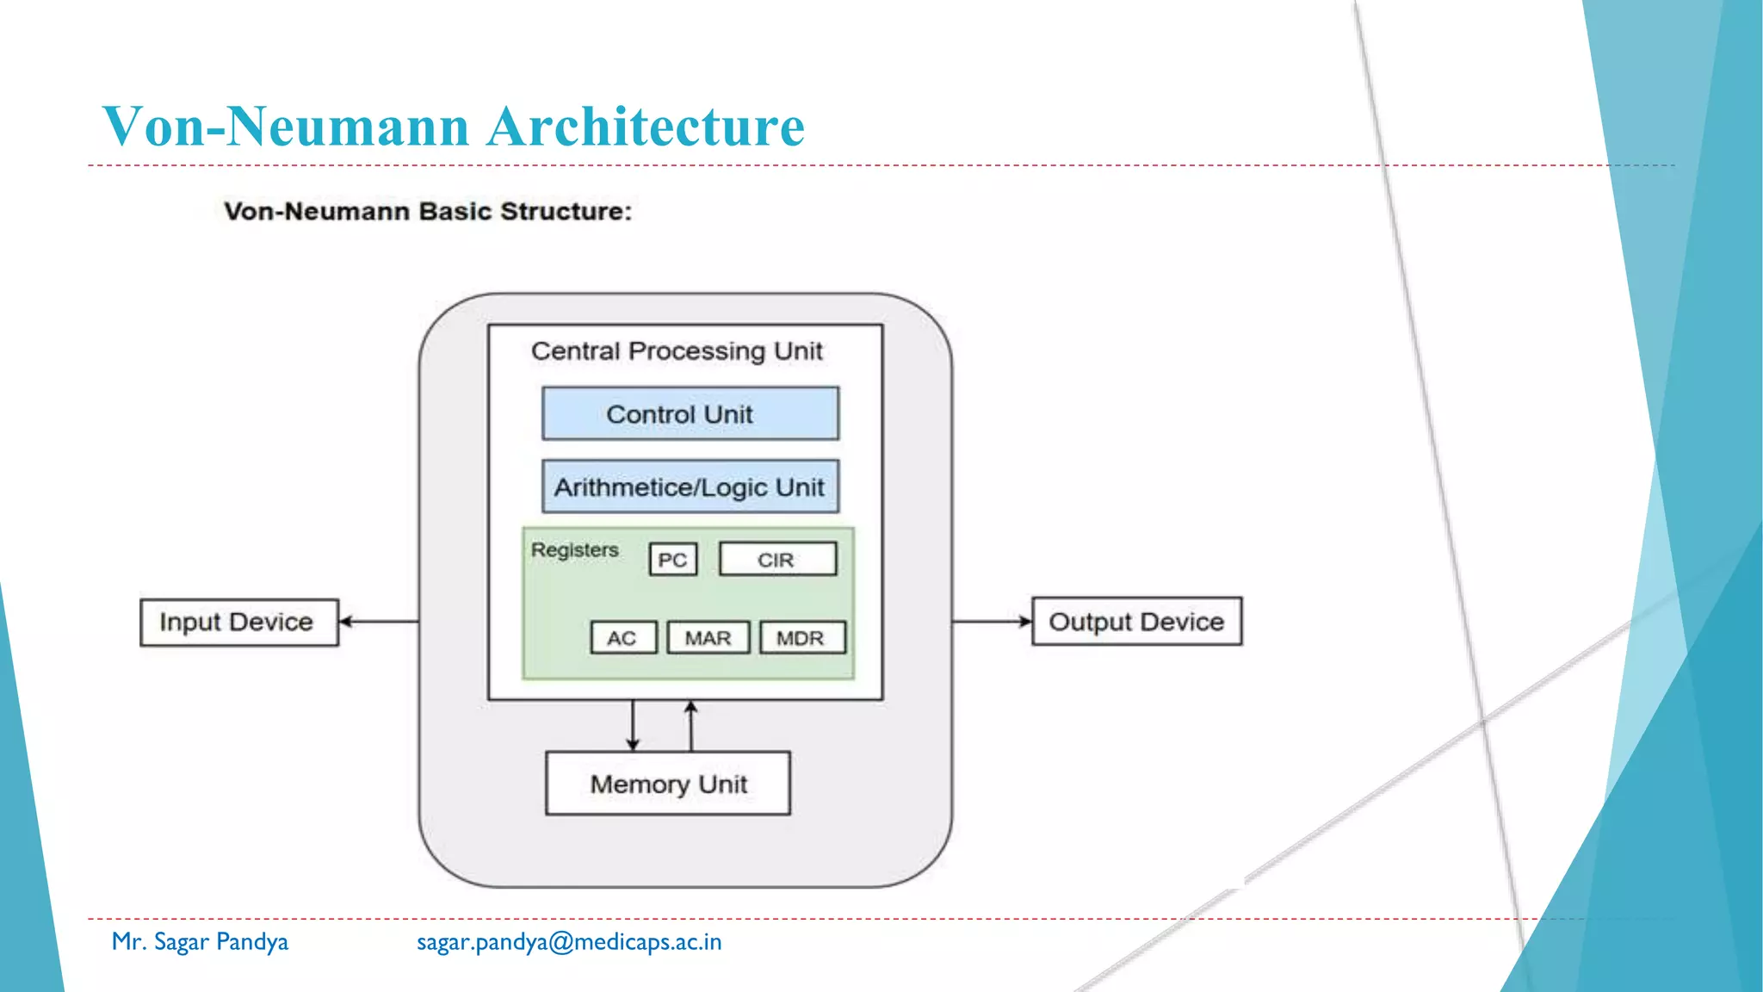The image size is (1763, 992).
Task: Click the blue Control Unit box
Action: click(690, 413)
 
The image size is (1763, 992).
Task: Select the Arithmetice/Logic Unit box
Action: click(690, 487)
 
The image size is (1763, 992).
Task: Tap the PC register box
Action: click(672, 560)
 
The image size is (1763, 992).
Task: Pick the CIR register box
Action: click(776, 560)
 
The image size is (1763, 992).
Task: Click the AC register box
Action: click(622, 638)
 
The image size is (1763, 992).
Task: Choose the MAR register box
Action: click(708, 638)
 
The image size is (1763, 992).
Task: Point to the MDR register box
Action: click(801, 638)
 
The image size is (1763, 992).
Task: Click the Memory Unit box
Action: click(668, 784)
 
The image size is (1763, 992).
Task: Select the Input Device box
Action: click(238, 622)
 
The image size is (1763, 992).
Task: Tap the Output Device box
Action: click(1136, 621)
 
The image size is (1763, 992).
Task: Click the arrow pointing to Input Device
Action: click(379, 621)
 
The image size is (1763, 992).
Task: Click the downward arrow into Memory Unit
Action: click(633, 725)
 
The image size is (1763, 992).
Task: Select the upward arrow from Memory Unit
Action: click(690, 725)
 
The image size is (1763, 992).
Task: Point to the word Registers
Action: click(574, 549)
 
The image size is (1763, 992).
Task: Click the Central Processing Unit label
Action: click(677, 351)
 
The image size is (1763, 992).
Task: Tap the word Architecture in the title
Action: click(646, 127)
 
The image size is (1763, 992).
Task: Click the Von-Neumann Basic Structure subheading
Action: click(428, 211)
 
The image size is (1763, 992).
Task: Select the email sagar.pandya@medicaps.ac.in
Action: click(569, 942)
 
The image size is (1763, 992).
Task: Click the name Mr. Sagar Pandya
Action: click(200, 942)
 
